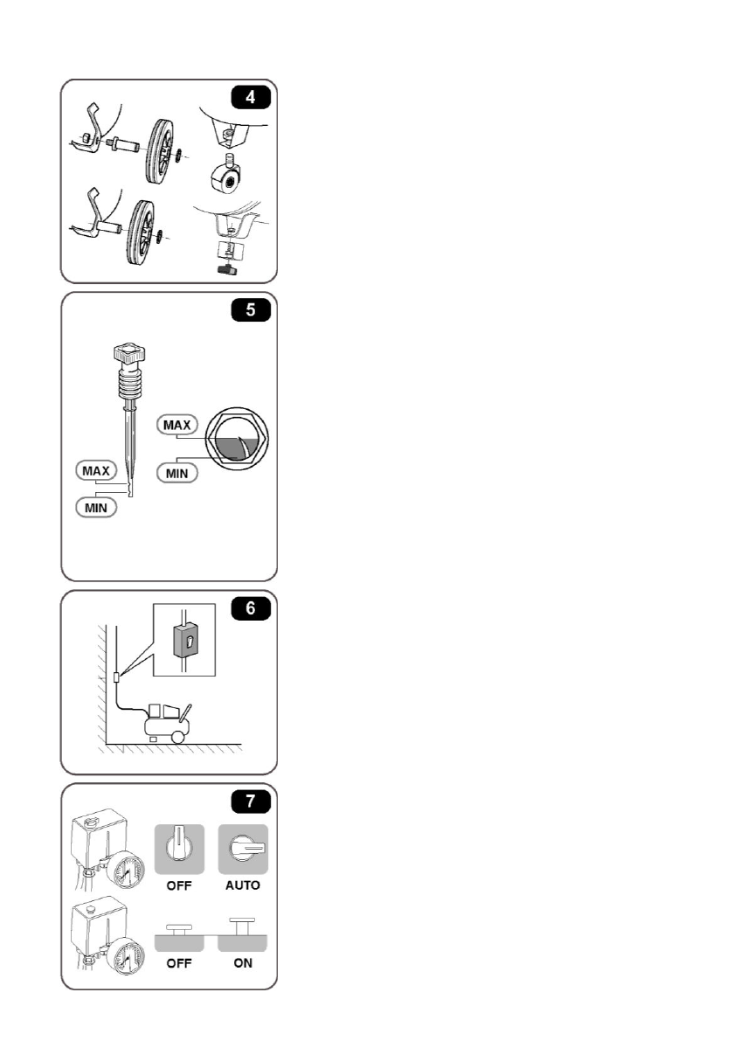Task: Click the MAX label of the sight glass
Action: pos(173,424)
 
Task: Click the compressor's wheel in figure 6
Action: pos(178,735)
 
